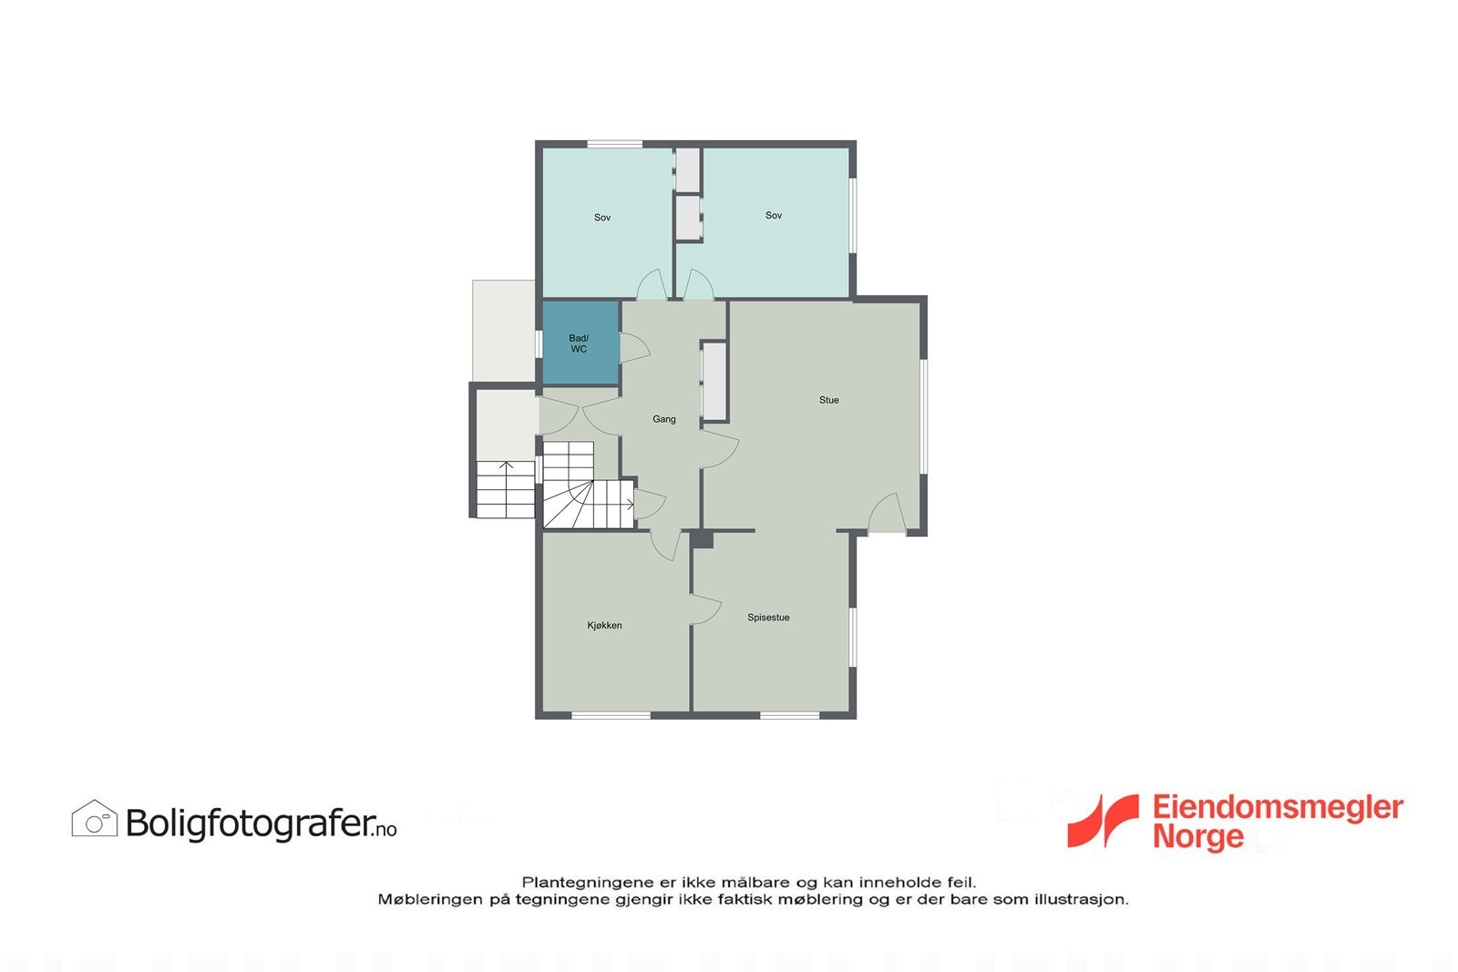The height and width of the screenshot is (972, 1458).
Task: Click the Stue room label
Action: (x=828, y=400)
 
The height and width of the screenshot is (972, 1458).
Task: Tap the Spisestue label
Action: (x=768, y=618)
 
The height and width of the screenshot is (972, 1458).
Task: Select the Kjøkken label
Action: (x=604, y=626)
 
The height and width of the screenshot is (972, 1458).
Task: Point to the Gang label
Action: (x=664, y=420)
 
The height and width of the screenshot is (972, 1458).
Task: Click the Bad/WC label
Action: (x=579, y=343)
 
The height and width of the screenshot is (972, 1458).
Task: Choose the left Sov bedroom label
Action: (x=602, y=218)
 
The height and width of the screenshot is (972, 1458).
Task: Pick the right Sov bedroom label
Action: (x=774, y=216)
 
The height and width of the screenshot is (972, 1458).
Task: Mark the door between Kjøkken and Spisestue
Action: (x=704, y=609)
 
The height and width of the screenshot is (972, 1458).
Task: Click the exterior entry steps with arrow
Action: (x=505, y=489)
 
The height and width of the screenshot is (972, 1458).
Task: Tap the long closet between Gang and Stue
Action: (x=714, y=381)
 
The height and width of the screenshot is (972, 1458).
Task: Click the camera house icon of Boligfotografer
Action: (x=95, y=819)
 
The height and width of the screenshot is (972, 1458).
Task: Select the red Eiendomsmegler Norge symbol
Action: (x=1103, y=820)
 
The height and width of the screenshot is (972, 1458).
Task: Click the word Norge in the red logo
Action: (x=1197, y=836)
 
